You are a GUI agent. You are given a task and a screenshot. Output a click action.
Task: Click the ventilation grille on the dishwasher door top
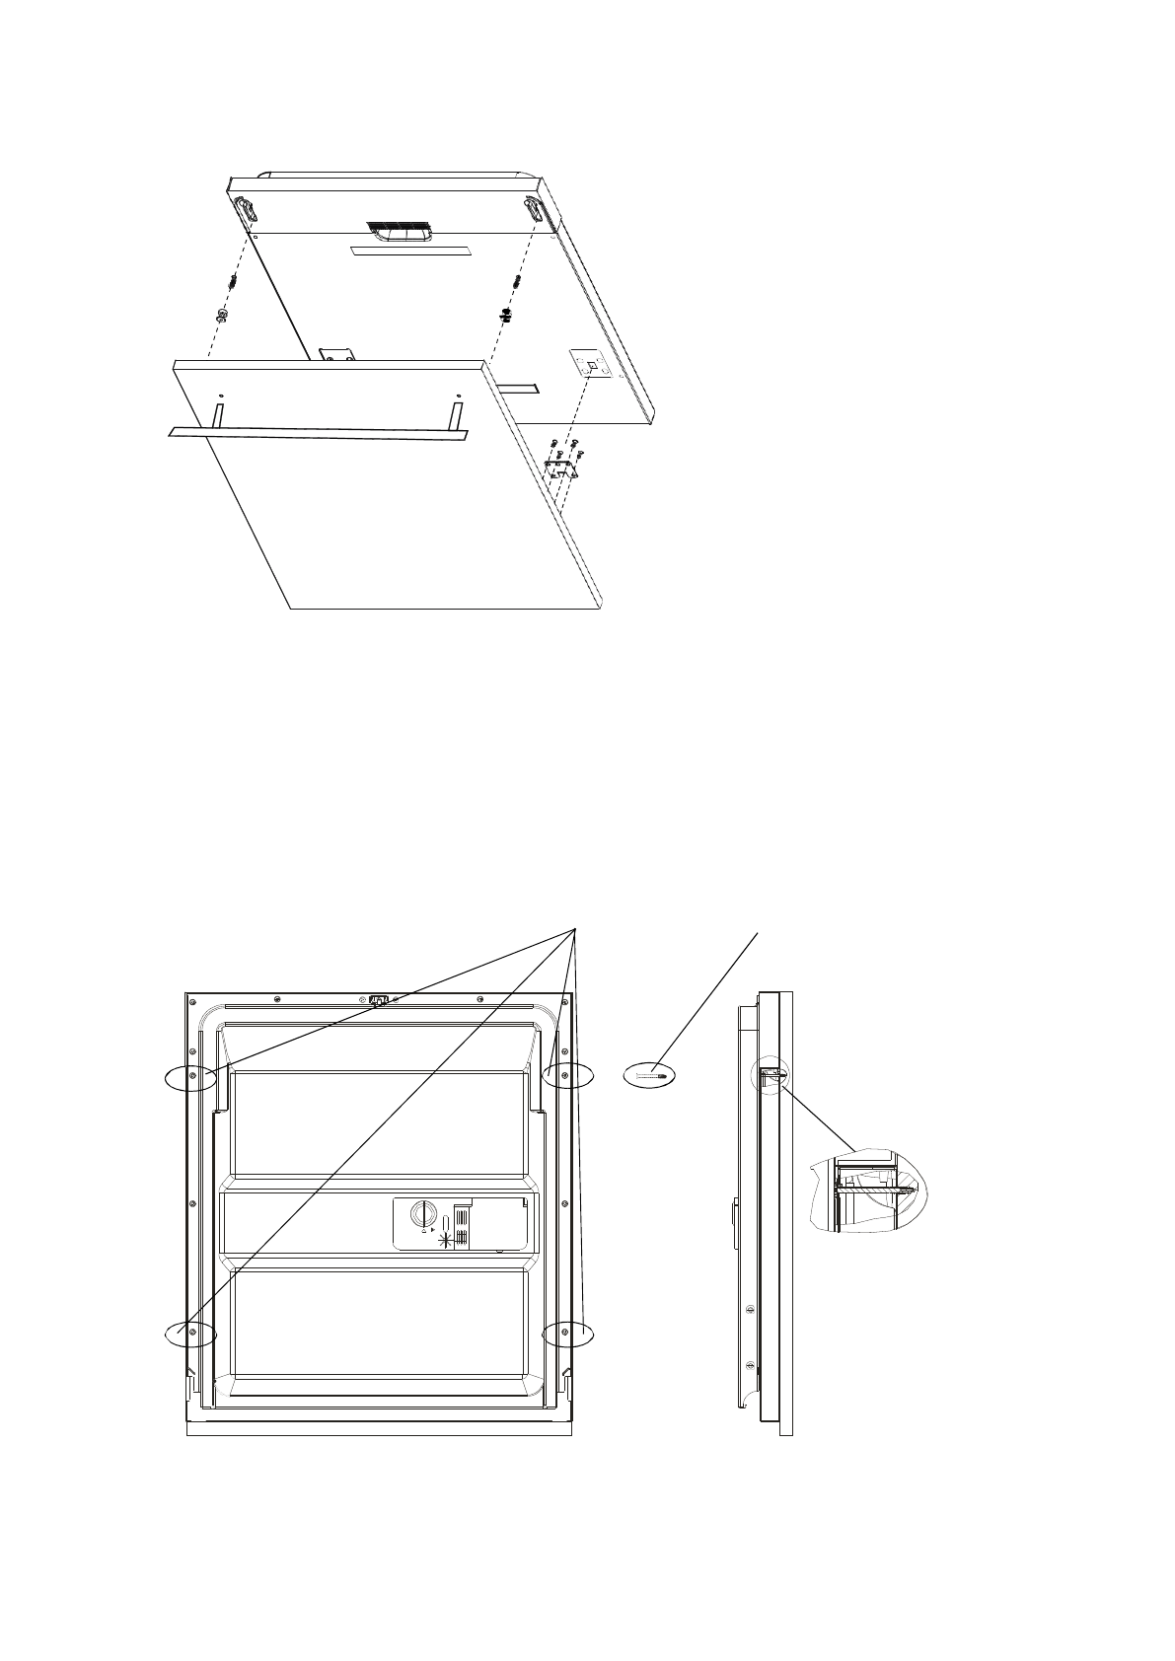point(398,230)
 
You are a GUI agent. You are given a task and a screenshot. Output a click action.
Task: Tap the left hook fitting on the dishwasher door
point(244,210)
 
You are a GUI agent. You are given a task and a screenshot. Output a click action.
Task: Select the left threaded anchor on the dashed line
point(231,282)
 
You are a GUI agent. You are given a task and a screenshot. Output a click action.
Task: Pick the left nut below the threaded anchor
point(222,317)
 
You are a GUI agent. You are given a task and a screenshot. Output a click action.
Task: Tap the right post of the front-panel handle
point(457,414)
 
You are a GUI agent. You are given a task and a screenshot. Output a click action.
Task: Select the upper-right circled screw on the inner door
point(563,1076)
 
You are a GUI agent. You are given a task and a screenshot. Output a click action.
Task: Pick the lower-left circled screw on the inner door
point(192,1333)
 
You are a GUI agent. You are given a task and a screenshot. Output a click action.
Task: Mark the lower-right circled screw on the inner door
point(563,1333)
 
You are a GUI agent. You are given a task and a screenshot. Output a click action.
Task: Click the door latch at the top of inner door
point(378,1001)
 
